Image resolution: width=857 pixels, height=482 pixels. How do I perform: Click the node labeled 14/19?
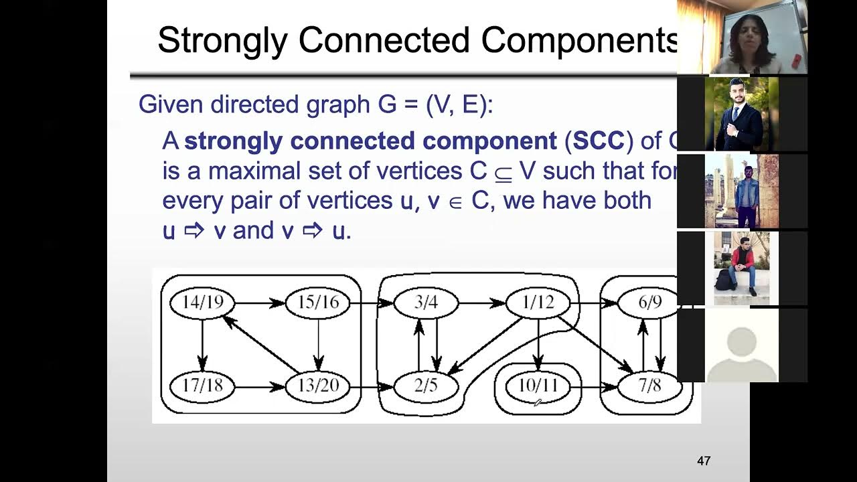click(x=202, y=303)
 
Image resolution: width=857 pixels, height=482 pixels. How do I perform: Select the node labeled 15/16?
click(x=318, y=303)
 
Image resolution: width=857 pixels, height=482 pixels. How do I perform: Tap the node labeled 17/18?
click(x=202, y=386)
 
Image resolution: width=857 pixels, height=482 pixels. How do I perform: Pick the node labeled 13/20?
click(x=318, y=386)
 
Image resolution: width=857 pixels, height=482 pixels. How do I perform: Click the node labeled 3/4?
click(x=426, y=303)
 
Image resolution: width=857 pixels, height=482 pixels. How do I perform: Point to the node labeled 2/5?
click(x=426, y=386)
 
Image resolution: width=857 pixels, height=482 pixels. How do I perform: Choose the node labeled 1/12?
click(x=538, y=303)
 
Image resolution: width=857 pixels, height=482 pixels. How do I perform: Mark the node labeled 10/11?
click(x=538, y=386)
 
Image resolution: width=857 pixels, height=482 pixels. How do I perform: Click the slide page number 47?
click(x=703, y=461)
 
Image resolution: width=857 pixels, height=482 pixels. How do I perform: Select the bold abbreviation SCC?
click(x=599, y=141)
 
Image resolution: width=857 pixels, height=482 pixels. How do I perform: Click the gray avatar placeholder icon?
click(x=741, y=348)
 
